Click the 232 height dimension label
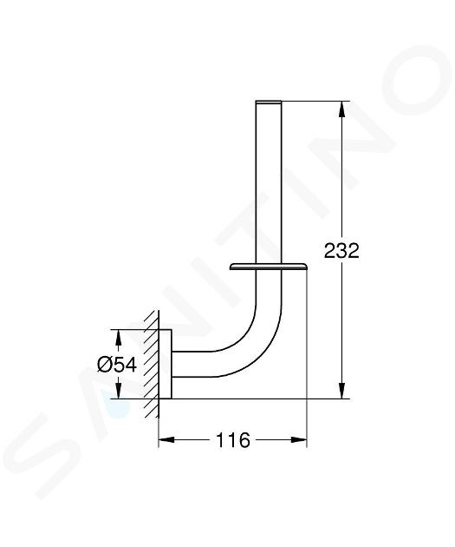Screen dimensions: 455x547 click(x=341, y=251)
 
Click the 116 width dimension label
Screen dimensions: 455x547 click(x=233, y=440)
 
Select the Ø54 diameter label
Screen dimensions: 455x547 click(x=117, y=365)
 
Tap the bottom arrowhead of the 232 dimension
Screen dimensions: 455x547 click(x=342, y=391)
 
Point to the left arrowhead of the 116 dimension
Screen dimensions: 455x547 click(x=166, y=440)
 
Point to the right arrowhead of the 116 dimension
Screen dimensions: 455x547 click(x=299, y=440)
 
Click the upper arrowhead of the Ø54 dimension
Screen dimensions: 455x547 click(x=119, y=337)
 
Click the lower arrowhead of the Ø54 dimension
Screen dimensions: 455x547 click(x=119, y=391)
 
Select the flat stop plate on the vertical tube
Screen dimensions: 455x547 click(x=268, y=267)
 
